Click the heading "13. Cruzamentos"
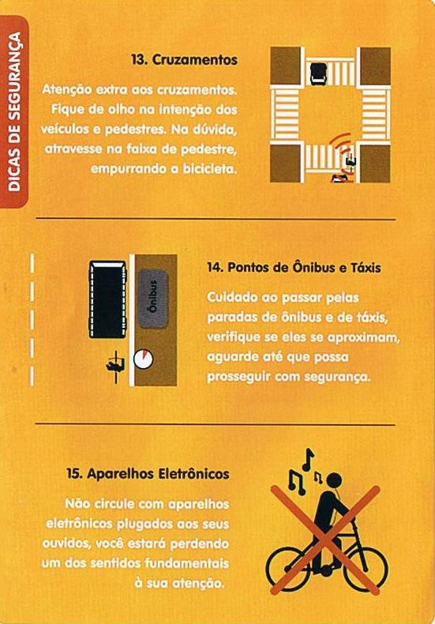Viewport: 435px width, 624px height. pyautogui.click(x=185, y=60)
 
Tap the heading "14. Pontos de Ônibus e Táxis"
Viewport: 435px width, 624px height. pyautogui.click(x=294, y=268)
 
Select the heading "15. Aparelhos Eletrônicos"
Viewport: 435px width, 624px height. pyautogui.click(x=148, y=474)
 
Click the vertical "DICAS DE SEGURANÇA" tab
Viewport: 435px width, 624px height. pyautogui.click(x=14, y=111)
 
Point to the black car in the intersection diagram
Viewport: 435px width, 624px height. pyautogui.click(x=318, y=73)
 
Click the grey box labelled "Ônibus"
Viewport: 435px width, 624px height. pyautogui.click(x=153, y=299)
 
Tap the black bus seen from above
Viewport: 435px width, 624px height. pyautogui.click(x=107, y=299)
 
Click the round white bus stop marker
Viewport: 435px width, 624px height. pyautogui.click(x=143, y=359)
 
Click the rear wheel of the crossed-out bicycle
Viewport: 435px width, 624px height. pyautogui.click(x=287, y=569)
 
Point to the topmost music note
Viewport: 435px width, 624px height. pyautogui.click(x=307, y=459)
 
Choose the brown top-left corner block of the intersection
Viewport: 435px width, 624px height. pyautogui.click(x=285, y=66)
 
